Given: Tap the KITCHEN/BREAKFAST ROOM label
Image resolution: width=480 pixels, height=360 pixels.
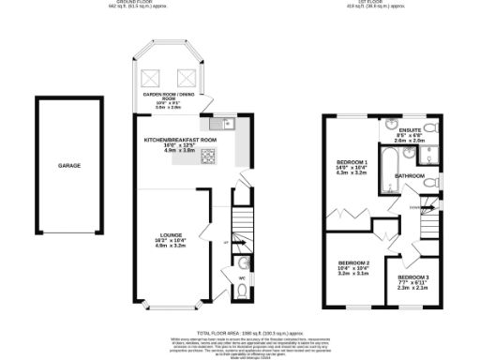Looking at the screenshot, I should (180, 139).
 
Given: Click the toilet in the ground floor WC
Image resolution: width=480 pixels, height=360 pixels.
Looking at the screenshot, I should (243, 292).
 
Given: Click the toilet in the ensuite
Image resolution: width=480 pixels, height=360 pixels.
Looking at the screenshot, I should (428, 128).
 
